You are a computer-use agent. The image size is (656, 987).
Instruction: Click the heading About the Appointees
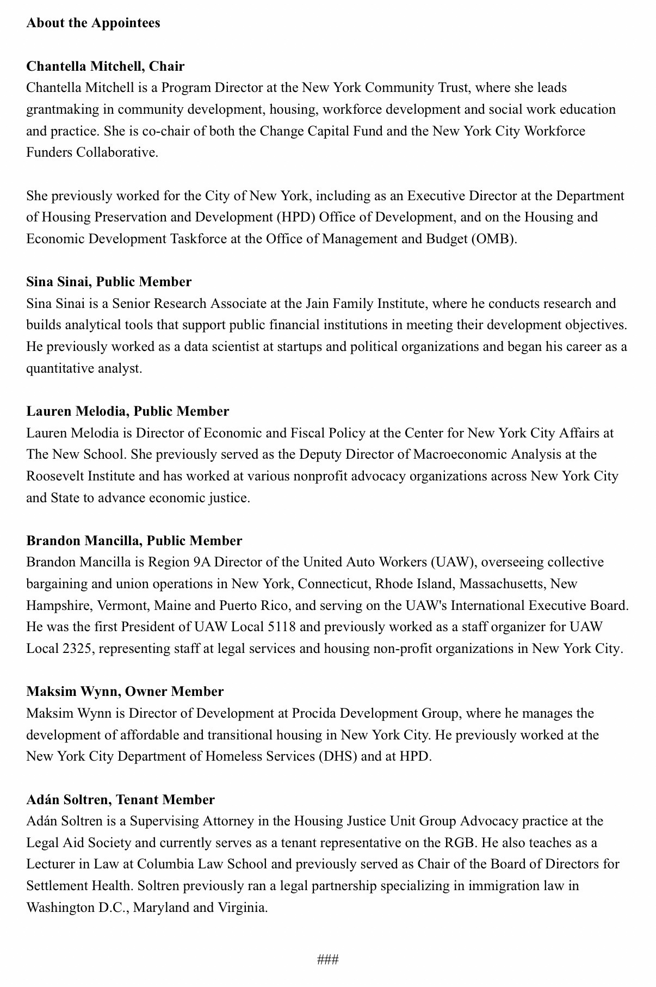pyautogui.click(x=93, y=23)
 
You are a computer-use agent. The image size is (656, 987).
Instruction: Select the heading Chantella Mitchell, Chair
pyautogui.click(x=106, y=66)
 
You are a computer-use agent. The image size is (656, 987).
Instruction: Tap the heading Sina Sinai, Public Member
pyautogui.click(x=109, y=282)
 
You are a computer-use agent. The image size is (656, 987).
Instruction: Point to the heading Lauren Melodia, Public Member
pyautogui.click(x=128, y=411)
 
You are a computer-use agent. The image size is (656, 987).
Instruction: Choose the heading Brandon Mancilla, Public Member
pyautogui.click(x=134, y=541)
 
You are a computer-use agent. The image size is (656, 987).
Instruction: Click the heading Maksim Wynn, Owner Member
pyautogui.click(x=125, y=692)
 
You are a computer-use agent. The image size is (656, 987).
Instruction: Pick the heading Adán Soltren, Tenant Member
pyautogui.click(x=121, y=800)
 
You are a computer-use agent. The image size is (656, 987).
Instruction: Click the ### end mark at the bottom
pyautogui.click(x=328, y=959)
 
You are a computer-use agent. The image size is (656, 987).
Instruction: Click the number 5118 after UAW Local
pyautogui.click(x=281, y=627)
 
